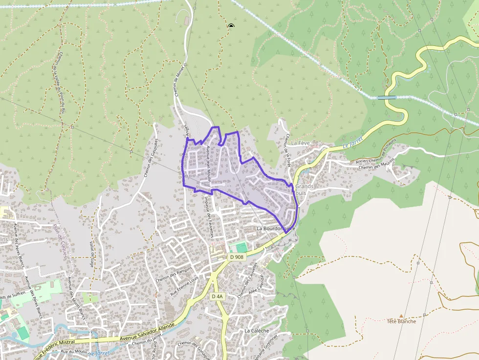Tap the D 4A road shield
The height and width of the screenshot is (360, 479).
tap(218, 296)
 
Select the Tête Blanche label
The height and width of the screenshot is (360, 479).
tap(401, 321)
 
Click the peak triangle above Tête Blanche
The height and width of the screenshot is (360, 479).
tap(401, 316)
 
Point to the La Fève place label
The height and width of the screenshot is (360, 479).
tap(301, 143)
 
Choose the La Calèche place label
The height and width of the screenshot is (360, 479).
tap(257, 331)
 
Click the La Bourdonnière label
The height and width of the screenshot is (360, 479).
tap(276, 229)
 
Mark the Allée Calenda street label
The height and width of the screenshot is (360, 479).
tap(257, 288)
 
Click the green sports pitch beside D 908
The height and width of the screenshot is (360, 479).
tap(238, 248)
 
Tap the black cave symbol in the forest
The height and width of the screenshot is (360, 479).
tap(231, 26)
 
